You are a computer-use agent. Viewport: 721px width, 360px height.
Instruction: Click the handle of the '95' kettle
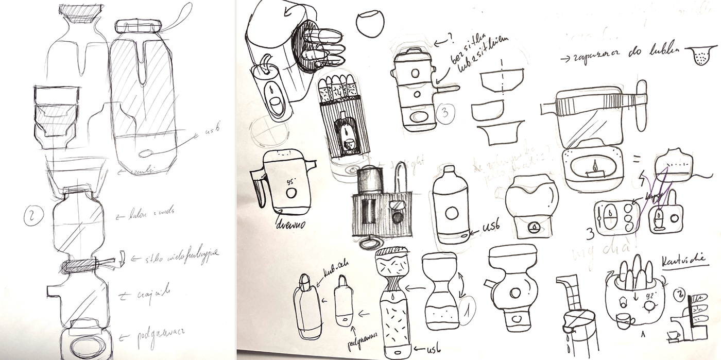pos(259,186)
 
